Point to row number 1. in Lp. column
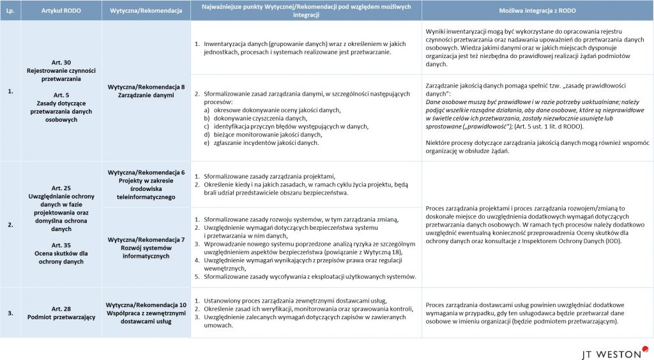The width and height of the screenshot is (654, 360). (x=10, y=91)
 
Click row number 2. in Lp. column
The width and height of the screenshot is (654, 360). (x=10, y=225)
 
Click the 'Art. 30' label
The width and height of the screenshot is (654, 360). (x=61, y=63)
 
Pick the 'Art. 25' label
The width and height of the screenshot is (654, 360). (x=61, y=188)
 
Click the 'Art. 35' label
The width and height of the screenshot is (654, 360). (x=61, y=244)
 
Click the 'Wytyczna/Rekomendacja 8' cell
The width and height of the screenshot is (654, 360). (x=146, y=86)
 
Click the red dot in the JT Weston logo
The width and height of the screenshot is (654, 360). (x=646, y=348)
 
